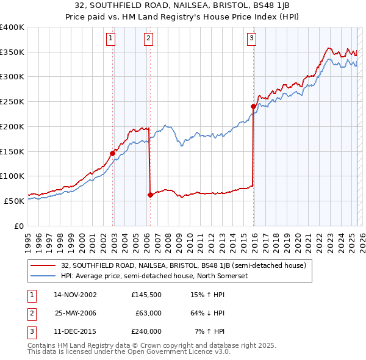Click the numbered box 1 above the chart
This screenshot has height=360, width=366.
point(110,38)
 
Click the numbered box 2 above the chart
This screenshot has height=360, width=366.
point(148,38)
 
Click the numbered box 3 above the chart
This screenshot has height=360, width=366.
point(251,38)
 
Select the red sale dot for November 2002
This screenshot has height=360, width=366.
point(113,153)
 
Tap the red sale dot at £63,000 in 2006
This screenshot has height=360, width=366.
point(150,195)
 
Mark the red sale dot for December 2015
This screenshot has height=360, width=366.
point(253,106)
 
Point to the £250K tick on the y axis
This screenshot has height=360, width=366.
point(12,102)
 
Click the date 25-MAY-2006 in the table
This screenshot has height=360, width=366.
point(76,312)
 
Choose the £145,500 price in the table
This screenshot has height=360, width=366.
point(146,294)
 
